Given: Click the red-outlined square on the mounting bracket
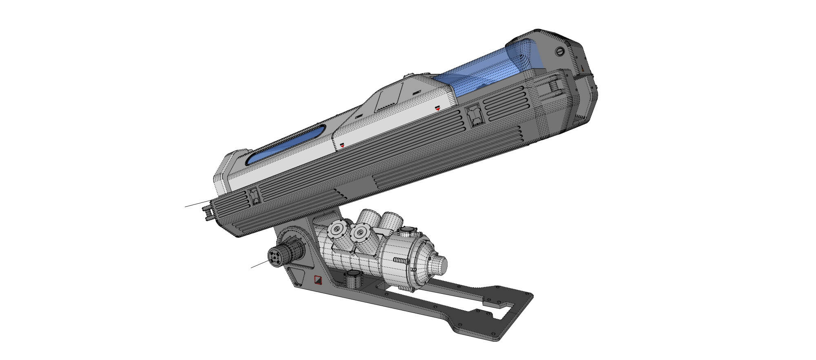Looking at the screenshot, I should click(x=318, y=280).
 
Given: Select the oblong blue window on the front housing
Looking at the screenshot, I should click(x=286, y=144).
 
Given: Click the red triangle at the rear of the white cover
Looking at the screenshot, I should click(x=437, y=108).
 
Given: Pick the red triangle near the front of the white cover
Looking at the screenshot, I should click(x=342, y=145).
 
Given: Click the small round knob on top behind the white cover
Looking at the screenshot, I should click(x=408, y=76).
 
